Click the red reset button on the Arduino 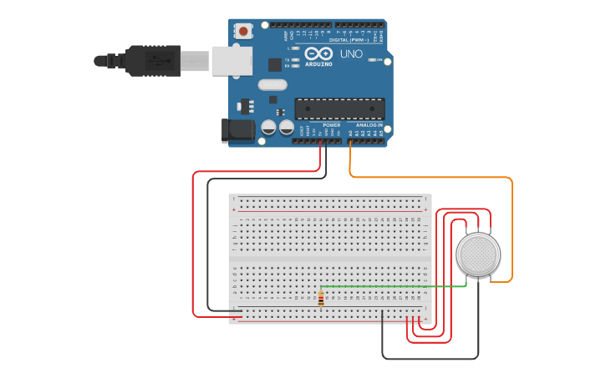click(243, 31)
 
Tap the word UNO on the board click(351, 53)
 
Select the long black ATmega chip click(339, 108)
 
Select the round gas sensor click(478, 254)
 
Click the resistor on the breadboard click(321, 298)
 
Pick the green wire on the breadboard click(393, 286)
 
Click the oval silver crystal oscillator click(272, 84)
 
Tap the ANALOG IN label click(369, 125)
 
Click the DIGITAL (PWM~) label click(350, 39)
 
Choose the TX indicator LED click(296, 60)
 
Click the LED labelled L click(296, 48)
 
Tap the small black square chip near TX click(275, 64)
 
